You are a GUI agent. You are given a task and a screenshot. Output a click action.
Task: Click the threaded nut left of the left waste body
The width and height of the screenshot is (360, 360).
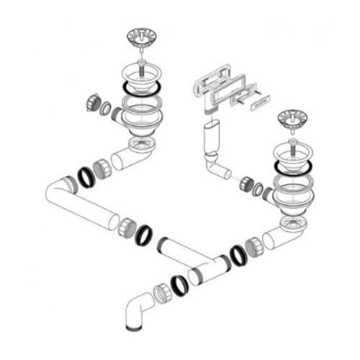tap(92, 103)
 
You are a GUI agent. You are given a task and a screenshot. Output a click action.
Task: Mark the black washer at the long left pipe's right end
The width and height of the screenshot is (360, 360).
tap(144, 235)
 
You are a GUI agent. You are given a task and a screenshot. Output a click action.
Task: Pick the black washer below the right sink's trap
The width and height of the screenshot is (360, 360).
tap(238, 255)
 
